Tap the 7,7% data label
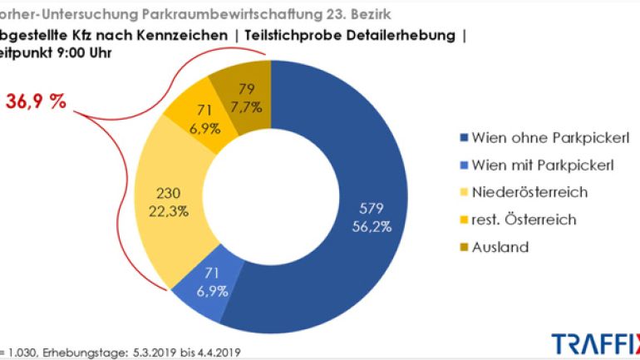click(x=246, y=106)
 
